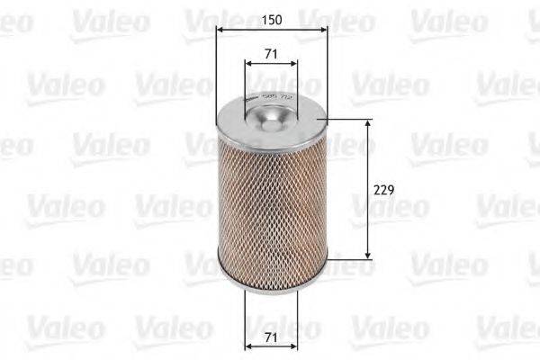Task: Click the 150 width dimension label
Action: (271, 18)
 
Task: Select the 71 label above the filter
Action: (271, 55)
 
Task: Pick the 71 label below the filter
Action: (271, 339)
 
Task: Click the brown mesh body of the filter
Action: (271, 198)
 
